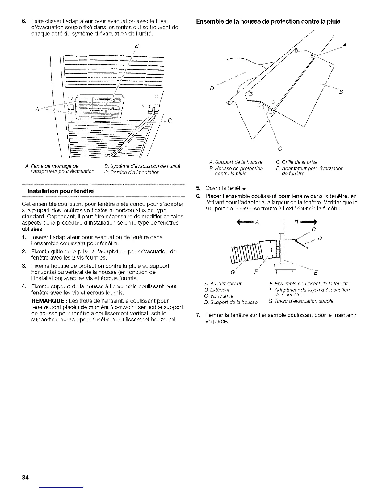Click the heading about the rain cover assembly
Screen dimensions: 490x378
click(x=268, y=21)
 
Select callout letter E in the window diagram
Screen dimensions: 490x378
click(x=315, y=273)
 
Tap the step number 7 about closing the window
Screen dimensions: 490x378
click(x=198, y=315)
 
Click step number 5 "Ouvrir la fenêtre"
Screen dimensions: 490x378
click(x=198, y=188)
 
